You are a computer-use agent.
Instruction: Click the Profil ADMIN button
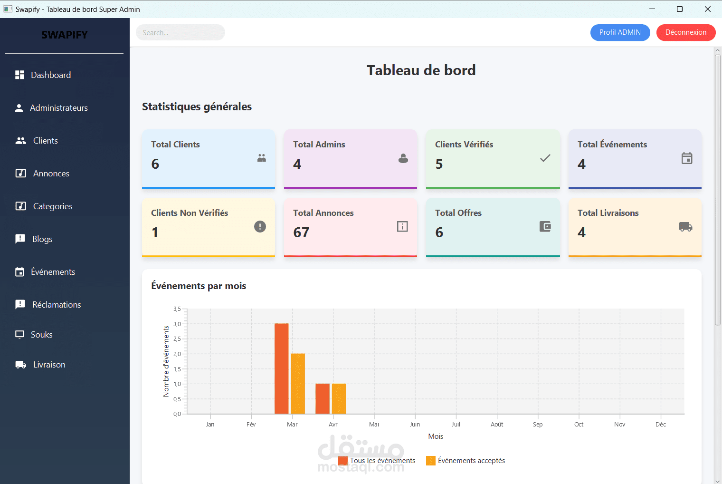pos(620,32)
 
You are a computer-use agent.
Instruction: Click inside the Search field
pos(180,32)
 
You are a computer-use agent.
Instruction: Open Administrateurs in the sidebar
pos(58,108)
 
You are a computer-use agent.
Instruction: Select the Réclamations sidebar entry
pos(56,305)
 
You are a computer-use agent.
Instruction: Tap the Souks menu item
pos(41,335)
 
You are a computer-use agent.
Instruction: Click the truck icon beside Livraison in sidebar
pos(20,365)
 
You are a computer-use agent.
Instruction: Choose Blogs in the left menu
pos(42,239)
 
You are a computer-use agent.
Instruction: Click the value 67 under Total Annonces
pos(301,232)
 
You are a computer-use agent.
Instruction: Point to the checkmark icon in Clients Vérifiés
pos(545,158)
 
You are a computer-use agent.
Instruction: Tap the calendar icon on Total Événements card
pos(687,158)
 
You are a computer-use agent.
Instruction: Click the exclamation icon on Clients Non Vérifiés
pos(260,226)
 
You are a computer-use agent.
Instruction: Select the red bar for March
pos(281,368)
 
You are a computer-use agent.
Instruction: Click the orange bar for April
pos(339,398)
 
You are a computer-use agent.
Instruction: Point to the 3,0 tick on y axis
pos(177,324)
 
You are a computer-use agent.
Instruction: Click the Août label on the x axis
pos(497,425)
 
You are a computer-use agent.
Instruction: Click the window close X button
pos(707,9)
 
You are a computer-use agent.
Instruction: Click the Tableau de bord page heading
pos(421,70)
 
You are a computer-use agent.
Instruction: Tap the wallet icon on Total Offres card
pos(545,226)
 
